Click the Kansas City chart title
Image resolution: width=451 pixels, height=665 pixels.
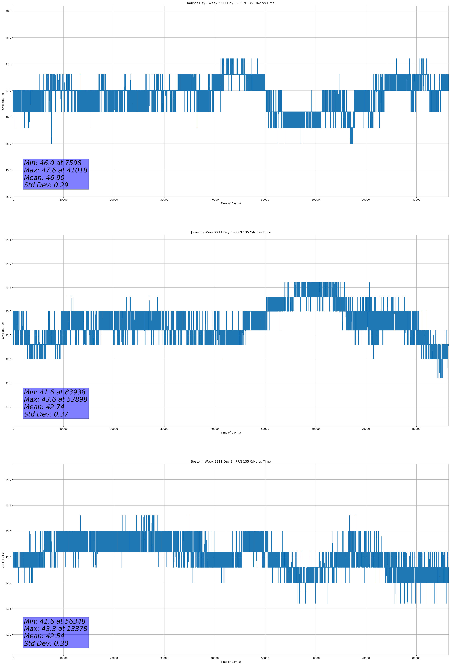point(231,3)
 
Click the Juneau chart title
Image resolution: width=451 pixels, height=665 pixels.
point(231,232)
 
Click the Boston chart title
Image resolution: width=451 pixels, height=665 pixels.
point(231,462)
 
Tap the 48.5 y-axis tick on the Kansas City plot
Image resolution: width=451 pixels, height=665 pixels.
point(8,11)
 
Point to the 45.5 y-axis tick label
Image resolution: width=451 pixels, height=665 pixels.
point(8,170)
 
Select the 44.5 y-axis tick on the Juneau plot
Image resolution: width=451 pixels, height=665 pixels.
point(8,240)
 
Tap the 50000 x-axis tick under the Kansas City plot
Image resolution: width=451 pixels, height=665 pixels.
point(265,200)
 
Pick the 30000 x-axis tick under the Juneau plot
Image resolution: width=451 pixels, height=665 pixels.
point(164,429)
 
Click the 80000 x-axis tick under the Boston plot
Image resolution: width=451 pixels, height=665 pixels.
point(416,658)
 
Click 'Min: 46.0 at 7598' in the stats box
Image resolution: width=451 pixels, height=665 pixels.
point(53,163)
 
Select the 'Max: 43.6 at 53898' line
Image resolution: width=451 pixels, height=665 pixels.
point(55,399)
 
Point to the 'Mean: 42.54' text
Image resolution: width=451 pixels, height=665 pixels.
point(44,636)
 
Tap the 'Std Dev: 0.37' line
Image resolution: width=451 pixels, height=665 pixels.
point(46,414)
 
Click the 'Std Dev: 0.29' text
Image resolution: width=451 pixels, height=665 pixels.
point(46,185)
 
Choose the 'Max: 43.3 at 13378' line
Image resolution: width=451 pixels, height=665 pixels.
point(55,629)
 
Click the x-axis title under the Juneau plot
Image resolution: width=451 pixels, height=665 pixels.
point(231,433)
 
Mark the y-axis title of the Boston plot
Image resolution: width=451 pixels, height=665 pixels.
point(3,560)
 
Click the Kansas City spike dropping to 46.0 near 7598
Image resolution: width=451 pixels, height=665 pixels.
point(52,137)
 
